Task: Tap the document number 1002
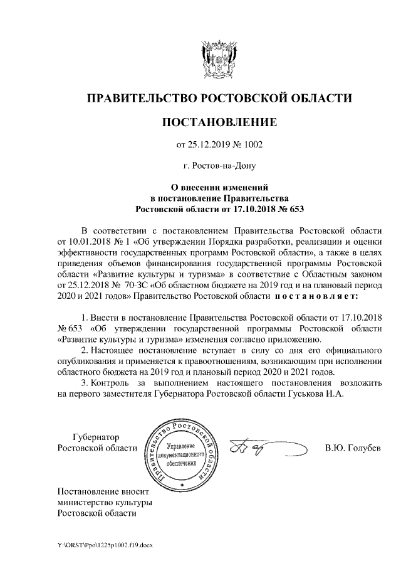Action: (251, 146)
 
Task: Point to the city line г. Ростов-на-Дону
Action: (219, 166)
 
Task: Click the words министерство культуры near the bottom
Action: (104, 502)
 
